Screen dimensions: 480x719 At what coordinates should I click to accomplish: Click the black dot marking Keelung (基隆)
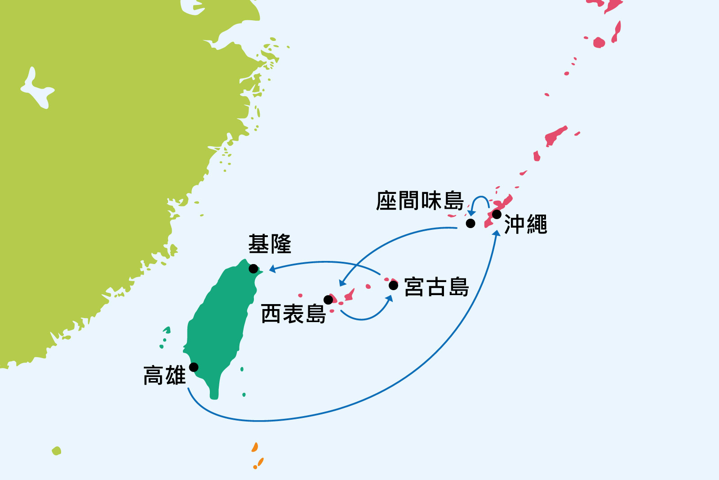[x=253, y=269]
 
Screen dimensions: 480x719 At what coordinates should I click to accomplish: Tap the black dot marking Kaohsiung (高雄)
[x=194, y=367]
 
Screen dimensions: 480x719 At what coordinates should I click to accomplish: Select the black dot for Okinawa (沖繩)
[x=497, y=214]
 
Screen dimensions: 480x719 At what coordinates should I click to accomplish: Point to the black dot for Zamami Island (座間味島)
[x=470, y=223]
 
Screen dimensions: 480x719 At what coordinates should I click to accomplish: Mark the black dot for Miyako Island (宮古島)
[x=393, y=285]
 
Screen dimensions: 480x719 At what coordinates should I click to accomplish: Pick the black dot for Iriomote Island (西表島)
[x=328, y=300]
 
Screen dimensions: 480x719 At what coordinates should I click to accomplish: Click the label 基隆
[x=270, y=244]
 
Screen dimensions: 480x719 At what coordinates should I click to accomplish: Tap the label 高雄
[x=164, y=376]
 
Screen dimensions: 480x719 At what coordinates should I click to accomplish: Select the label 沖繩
[x=525, y=224]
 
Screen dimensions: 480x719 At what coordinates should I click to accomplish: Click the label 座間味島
[x=420, y=201]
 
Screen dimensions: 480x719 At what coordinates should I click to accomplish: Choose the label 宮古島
[x=436, y=287]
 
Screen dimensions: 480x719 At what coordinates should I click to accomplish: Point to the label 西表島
[x=293, y=314]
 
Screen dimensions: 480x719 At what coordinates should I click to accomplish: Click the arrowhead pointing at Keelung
[x=272, y=269]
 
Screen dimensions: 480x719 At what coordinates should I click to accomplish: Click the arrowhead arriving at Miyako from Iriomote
[x=389, y=298]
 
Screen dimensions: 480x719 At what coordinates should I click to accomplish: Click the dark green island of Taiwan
[x=220, y=324]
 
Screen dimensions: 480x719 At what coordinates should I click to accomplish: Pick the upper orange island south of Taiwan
[x=255, y=447]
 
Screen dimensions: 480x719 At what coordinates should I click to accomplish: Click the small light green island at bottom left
[x=56, y=450]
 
